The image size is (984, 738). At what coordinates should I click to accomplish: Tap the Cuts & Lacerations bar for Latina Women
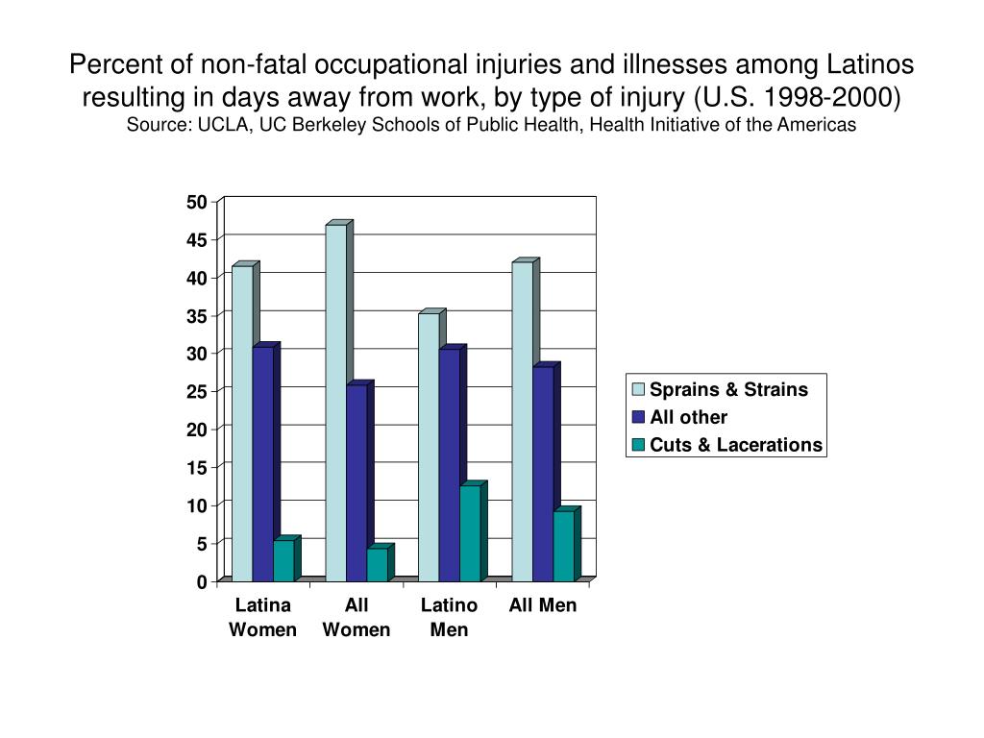coord(283,560)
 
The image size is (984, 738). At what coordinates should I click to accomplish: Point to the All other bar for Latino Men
coord(449,464)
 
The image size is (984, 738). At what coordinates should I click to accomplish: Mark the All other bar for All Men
coord(543,473)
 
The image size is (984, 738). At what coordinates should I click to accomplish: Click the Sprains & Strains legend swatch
coord(638,389)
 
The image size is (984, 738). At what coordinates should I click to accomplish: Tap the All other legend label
coord(688,417)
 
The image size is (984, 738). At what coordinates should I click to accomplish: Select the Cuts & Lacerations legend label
coord(736,444)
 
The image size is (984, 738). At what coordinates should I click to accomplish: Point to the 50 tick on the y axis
coord(196,202)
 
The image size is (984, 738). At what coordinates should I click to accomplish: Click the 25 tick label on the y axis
coord(196,392)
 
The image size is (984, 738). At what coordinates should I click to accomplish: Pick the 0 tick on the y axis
coord(201,581)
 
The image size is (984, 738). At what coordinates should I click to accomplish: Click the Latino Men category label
coord(450,618)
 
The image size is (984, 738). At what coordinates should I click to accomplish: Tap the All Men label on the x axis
coord(543,605)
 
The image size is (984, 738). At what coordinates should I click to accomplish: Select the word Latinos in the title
coord(872,64)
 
